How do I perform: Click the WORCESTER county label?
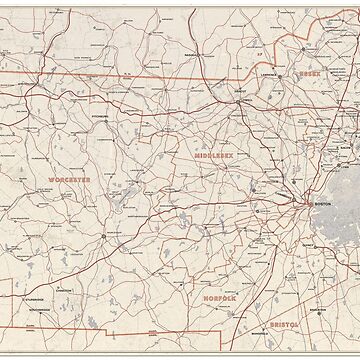pos(68,179)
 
